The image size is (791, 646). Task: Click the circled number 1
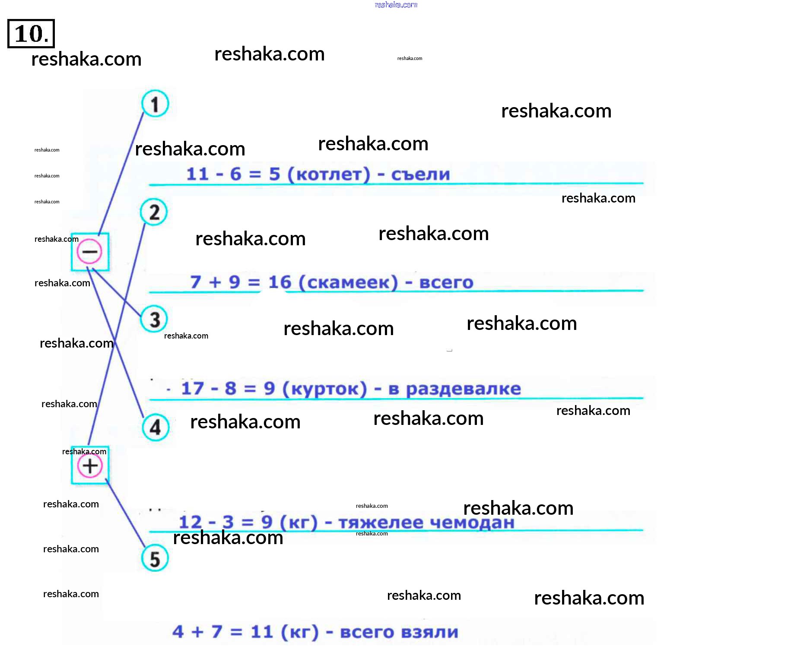155,104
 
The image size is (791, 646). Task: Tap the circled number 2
154,212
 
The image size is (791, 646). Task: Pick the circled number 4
156,427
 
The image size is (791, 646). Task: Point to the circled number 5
155,558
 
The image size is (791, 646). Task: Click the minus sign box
90,252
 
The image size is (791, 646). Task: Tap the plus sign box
90,465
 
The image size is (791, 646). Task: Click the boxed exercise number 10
31,34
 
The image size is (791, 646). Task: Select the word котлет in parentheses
329,174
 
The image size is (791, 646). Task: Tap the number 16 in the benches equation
280,282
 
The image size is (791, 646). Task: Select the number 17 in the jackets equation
192,388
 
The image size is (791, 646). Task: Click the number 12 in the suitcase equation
190,522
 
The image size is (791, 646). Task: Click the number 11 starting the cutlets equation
197,174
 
